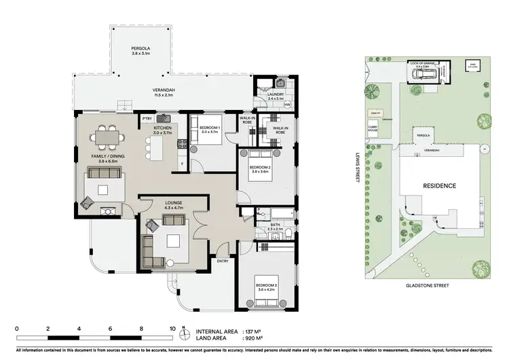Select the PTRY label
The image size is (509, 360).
[x=147, y=119]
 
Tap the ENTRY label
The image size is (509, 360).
[x=222, y=260]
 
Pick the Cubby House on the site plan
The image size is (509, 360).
[x=373, y=129]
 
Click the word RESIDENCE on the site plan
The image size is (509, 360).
[x=439, y=185]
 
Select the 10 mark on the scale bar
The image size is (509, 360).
[x=172, y=328]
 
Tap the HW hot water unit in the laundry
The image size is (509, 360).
[x=287, y=105]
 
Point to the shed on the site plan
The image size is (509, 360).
[x=470, y=66]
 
